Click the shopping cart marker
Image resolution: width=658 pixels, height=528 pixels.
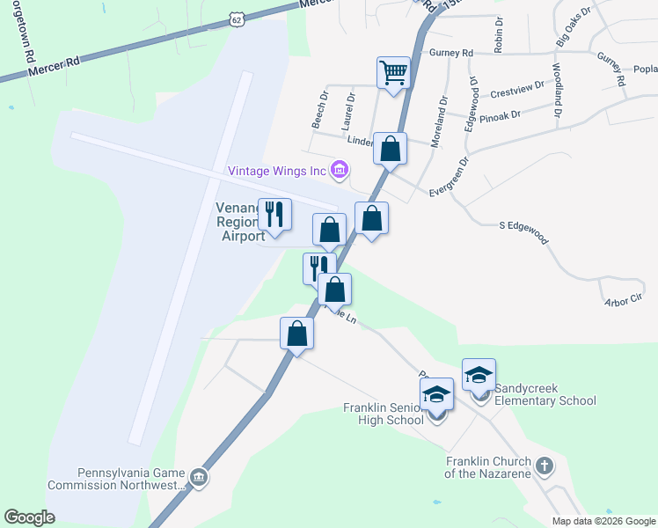(x=393, y=72)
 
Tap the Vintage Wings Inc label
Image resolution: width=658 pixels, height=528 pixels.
(x=277, y=171)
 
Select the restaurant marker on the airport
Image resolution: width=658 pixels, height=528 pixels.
(x=274, y=214)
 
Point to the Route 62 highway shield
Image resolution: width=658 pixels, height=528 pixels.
(x=234, y=18)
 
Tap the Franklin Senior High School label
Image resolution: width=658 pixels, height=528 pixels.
(x=383, y=414)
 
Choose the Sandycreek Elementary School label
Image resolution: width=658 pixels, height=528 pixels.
(x=545, y=395)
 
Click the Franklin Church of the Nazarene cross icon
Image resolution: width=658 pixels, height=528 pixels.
(x=545, y=466)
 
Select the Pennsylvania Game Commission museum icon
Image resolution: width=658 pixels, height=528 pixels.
(x=200, y=477)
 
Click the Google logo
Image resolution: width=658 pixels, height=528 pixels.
(x=29, y=517)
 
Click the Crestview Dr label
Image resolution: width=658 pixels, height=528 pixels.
(x=513, y=92)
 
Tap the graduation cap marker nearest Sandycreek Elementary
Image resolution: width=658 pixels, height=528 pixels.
(x=479, y=374)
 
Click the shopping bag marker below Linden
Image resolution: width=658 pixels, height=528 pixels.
(x=390, y=148)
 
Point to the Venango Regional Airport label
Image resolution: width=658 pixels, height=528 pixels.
(x=240, y=222)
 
